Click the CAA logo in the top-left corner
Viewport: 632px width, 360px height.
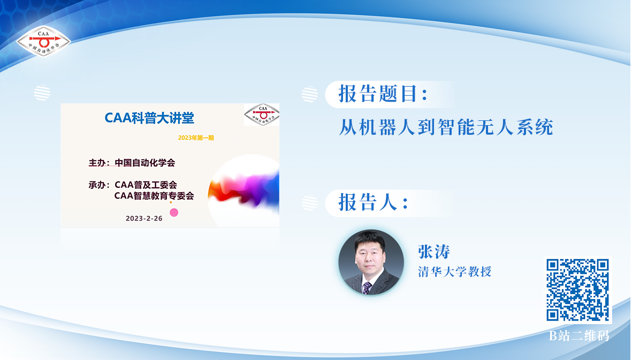coord(43,41)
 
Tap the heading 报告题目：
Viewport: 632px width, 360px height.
coord(383,94)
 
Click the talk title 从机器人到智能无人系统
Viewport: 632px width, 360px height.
coord(446,127)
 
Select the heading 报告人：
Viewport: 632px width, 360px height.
coord(374,202)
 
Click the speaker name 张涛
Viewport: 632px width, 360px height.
coord(434,251)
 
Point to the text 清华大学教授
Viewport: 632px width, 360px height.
coord(455,272)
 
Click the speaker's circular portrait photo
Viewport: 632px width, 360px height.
coord(371,262)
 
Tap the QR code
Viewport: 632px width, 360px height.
coord(577,290)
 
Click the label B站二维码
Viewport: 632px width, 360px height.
coord(579,336)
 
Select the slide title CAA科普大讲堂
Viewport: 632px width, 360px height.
coord(149,118)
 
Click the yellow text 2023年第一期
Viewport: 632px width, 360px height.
coord(196,137)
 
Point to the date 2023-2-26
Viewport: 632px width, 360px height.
coord(144,218)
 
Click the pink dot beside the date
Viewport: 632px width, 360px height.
coord(174,212)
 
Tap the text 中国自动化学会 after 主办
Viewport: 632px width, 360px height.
coord(145,163)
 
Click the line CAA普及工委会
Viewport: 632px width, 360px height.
coord(146,185)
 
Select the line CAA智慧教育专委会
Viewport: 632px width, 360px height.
coord(154,196)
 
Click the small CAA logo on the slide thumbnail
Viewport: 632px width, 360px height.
coord(262,115)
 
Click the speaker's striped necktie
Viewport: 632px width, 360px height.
coord(367,287)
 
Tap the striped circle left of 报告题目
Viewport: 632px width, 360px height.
coord(309,94)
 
